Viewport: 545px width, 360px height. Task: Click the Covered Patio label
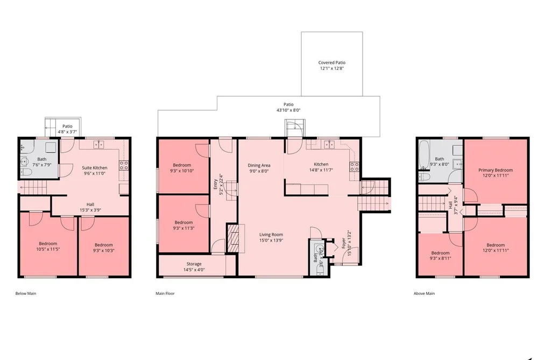click(x=332, y=62)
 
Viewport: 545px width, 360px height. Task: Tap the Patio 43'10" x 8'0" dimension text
click(x=288, y=110)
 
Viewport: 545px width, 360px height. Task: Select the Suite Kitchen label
click(x=95, y=168)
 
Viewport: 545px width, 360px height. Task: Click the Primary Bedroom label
click(x=496, y=170)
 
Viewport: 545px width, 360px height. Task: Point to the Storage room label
click(x=194, y=264)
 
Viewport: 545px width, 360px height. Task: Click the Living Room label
click(x=271, y=235)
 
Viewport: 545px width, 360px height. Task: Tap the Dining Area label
click(x=259, y=165)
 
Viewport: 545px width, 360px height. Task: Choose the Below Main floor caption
click(x=26, y=293)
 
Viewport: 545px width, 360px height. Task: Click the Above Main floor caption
click(x=424, y=293)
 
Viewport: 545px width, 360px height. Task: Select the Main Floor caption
click(x=165, y=293)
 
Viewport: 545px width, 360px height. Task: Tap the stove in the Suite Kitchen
click(x=124, y=165)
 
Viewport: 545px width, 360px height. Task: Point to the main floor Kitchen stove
click(x=354, y=167)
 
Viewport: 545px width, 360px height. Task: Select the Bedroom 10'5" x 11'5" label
click(x=48, y=246)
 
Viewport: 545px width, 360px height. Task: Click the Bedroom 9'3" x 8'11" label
click(x=441, y=256)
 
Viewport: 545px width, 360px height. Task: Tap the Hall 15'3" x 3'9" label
click(x=90, y=207)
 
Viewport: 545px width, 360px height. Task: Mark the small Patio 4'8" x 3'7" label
click(x=67, y=129)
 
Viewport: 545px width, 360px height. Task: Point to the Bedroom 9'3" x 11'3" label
click(x=183, y=225)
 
